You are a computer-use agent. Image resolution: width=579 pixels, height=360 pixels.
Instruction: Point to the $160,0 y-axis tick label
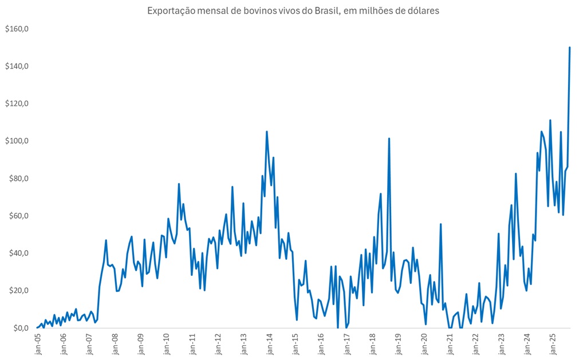coord(17,29)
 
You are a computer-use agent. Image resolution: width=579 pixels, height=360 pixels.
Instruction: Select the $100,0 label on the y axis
coord(17,141)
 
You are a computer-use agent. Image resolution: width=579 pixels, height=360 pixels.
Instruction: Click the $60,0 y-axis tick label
coord(18,216)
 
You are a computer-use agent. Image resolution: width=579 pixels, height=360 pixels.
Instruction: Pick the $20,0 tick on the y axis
coord(18,291)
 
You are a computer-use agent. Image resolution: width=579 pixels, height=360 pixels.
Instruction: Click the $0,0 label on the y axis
coord(20,328)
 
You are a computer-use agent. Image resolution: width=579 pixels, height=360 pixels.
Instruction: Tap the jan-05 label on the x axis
coord(38,343)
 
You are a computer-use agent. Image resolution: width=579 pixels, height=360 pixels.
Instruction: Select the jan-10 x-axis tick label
coord(167,343)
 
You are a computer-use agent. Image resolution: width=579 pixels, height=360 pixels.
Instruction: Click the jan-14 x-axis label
coord(270,343)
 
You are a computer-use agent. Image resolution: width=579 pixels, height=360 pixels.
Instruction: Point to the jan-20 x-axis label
coord(424,343)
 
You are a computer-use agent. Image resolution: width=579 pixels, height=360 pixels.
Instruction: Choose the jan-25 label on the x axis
coord(553,343)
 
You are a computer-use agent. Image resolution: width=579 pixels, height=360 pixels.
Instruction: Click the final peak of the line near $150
coord(570,48)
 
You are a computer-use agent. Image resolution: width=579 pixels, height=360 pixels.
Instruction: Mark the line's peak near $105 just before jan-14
coord(267,132)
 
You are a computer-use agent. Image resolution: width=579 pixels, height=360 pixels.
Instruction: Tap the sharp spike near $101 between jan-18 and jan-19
coord(389,139)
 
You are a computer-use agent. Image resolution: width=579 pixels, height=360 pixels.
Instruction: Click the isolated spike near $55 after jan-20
coord(440,224)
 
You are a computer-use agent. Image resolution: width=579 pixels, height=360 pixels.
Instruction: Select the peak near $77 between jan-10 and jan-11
coord(179,184)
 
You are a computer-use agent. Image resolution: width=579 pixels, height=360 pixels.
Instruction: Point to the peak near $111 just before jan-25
coord(550,120)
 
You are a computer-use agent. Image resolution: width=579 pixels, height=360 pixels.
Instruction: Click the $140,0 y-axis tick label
coord(17,66)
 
